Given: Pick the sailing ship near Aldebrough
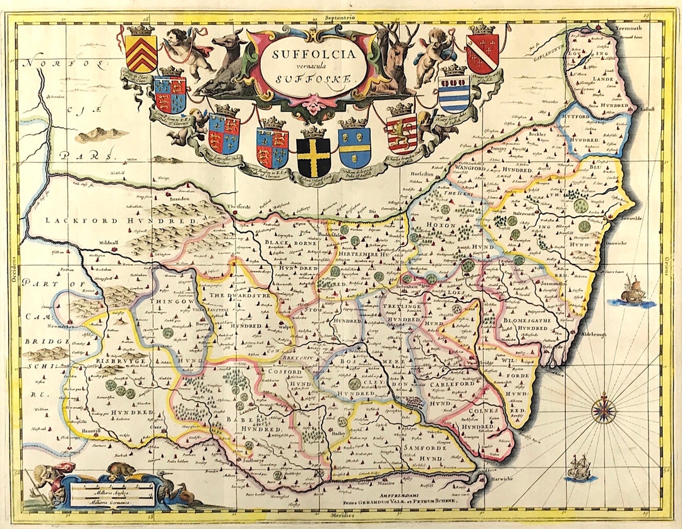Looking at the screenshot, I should pos(633,292).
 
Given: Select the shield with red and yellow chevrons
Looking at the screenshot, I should pos(141,53).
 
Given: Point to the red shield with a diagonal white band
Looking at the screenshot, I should pos(482,54).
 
